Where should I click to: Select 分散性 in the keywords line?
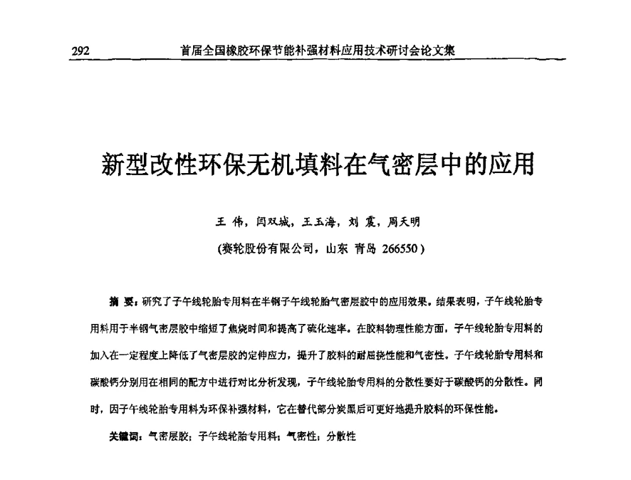[341, 436]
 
